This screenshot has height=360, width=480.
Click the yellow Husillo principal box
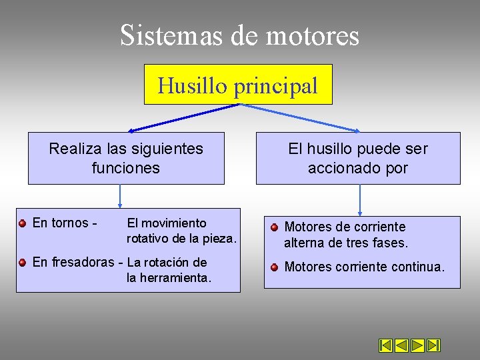pyautogui.click(x=238, y=85)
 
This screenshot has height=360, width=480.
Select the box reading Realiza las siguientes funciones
pyautogui.click(x=126, y=158)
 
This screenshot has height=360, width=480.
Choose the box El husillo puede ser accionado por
pyautogui.click(x=358, y=158)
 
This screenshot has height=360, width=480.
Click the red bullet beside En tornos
pyautogui.click(x=22, y=223)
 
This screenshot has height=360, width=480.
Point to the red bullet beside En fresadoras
pyautogui.click(x=22, y=263)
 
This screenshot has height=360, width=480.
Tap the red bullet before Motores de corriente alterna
pyautogui.click(x=274, y=227)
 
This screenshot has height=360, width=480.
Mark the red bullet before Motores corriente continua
pyautogui.click(x=274, y=267)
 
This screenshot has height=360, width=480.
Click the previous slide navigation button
pyautogui.click(x=401, y=345)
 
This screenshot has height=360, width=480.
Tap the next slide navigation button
pyautogui.click(x=417, y=345)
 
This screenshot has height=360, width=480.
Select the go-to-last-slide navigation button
pyautogui.click(x=433, y=345)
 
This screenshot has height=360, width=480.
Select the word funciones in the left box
pyautogui.click(x=126, y=167)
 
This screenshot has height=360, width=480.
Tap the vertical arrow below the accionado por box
pyautogui.click(x=360, y=199)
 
